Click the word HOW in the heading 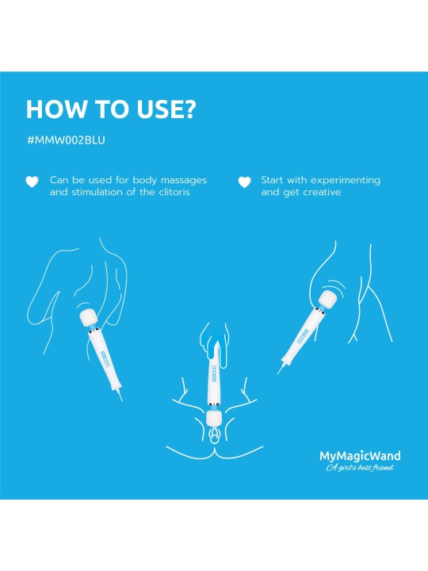click(x=54, y=109)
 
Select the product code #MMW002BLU click(x=66, y=140)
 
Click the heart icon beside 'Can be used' click(x=32, y=182)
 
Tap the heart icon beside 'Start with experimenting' click(x=244, y=182)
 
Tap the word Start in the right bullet click(x=273, y=180)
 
